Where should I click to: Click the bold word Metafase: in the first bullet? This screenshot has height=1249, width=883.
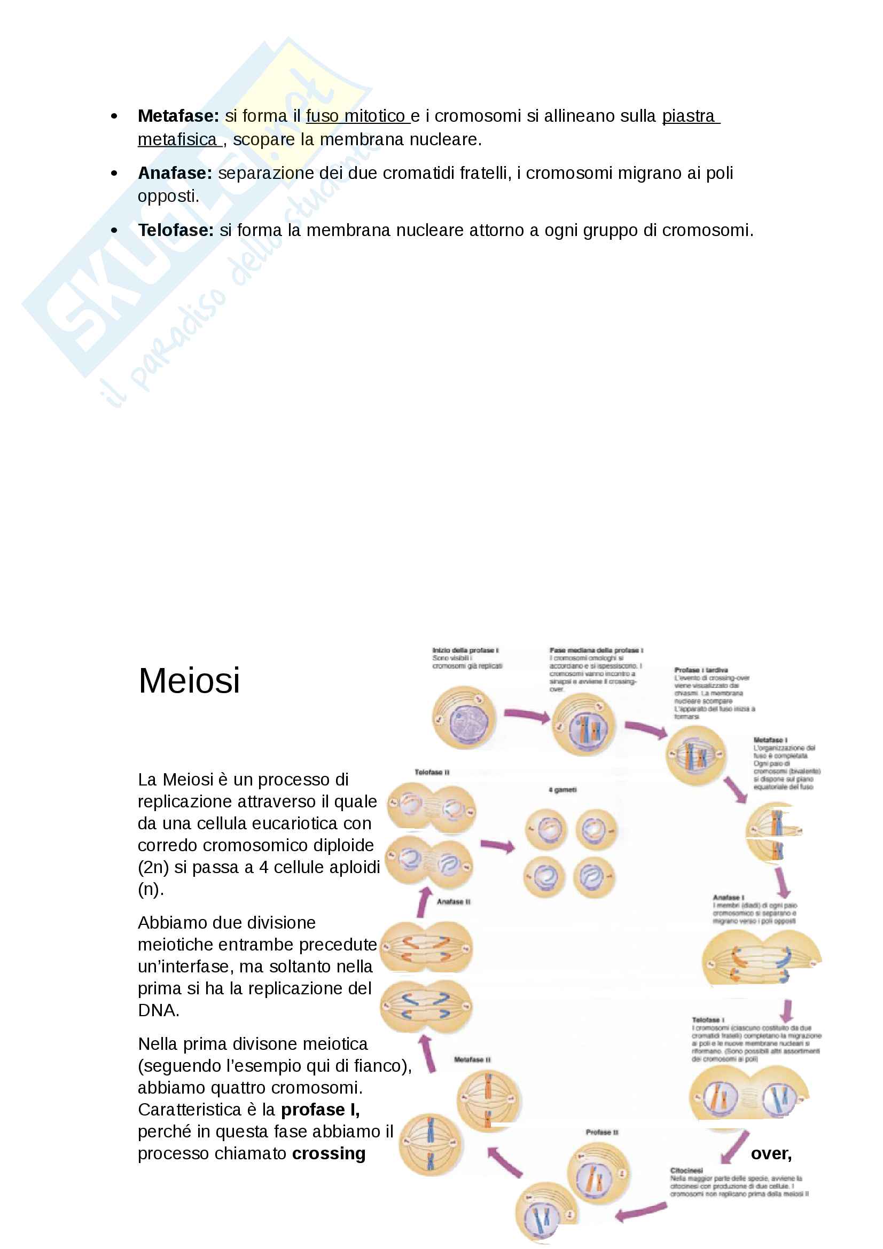(178, 116)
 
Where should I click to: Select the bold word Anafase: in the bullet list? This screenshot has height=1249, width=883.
(175, 173)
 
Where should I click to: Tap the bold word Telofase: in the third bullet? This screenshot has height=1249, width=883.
(176, 230)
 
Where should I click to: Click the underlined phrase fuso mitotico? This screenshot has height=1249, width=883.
(357, 116)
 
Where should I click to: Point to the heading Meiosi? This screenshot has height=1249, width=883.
(189, 680)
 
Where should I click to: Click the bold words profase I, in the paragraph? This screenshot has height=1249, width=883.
(320, 1109)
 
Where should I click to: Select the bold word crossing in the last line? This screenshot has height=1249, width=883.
(329, 1153)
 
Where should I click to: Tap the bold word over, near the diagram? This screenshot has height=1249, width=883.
(770, 1153)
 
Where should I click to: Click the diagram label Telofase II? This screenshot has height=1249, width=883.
(432, 772)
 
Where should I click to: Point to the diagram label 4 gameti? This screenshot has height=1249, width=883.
(562, 789)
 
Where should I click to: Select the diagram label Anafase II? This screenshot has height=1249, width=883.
(453, 901)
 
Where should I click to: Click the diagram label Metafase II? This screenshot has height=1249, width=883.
(472, 1059)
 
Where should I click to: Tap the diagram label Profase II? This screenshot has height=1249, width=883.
(601, 1132)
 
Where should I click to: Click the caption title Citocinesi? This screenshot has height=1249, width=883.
(686, 1170)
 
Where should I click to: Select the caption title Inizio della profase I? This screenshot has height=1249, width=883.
(465, 650)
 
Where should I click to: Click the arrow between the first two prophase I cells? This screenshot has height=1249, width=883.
(527, 716)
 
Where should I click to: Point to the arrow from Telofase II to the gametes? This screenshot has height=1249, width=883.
(497, 845)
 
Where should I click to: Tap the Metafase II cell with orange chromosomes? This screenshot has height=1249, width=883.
(488, 1099)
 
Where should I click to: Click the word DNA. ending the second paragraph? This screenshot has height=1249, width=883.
(158, 1010)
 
